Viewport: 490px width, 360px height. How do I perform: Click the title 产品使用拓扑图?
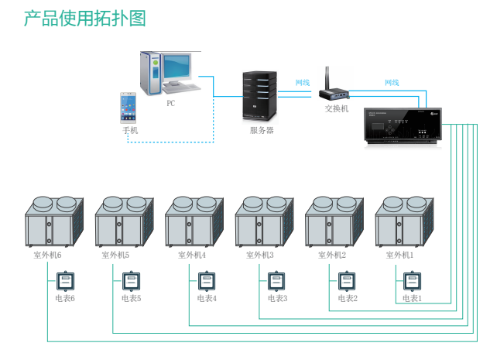[84, 19]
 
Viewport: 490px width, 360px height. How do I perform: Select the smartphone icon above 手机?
[128, 108]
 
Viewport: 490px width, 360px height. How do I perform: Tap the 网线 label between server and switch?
[302, 83]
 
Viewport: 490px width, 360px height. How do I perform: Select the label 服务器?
[262, 130]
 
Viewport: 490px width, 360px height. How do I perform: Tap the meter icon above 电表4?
[205, 279]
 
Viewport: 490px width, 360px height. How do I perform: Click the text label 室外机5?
[115, 254]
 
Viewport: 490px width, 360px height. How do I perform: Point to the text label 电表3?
[278, 298]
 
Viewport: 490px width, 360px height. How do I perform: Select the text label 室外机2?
[331, 254]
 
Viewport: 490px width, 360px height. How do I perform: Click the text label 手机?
[130, 130]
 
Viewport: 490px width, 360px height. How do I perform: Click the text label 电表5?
[132, 298]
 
